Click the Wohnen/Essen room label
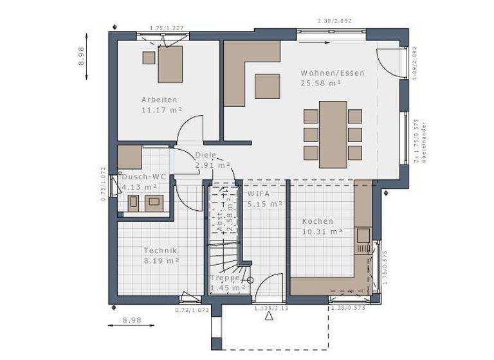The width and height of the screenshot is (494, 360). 332,73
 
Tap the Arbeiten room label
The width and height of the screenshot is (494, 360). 159,100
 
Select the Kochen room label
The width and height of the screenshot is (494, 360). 318,221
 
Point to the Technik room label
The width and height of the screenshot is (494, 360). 160,251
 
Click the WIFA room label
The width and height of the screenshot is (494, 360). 258,193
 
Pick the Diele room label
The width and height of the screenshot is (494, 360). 205,155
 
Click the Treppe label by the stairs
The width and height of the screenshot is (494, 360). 225,278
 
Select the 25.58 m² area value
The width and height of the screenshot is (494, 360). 321,84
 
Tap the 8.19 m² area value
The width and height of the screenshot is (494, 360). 160,261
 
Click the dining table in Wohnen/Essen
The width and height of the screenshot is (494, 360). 333,134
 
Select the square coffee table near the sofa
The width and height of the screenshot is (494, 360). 267,86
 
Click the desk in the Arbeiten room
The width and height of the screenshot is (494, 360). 170,63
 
